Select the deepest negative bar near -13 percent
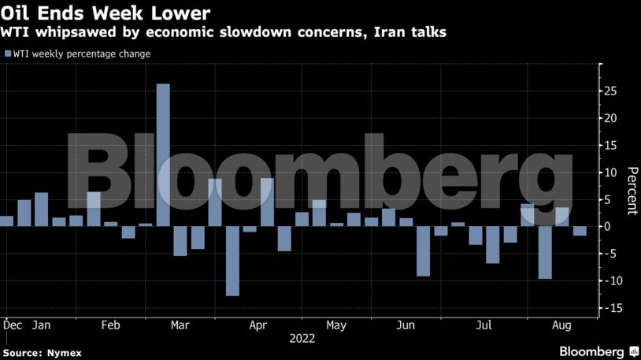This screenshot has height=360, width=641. pos(232,261)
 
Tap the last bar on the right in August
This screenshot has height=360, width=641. pos(580,231)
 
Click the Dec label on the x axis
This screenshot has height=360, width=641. pos(12,325)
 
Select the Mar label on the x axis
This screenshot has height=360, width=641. pos(180,325)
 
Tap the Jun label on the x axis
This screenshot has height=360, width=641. pos(406,325)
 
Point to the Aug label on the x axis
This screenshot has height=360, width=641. pos(561,325)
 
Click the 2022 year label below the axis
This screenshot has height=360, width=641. pos(302,339)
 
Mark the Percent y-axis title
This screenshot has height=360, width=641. pos(631,190)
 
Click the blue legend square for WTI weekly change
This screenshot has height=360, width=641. pos(8,54)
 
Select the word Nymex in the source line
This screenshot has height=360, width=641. pos(65,353)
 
